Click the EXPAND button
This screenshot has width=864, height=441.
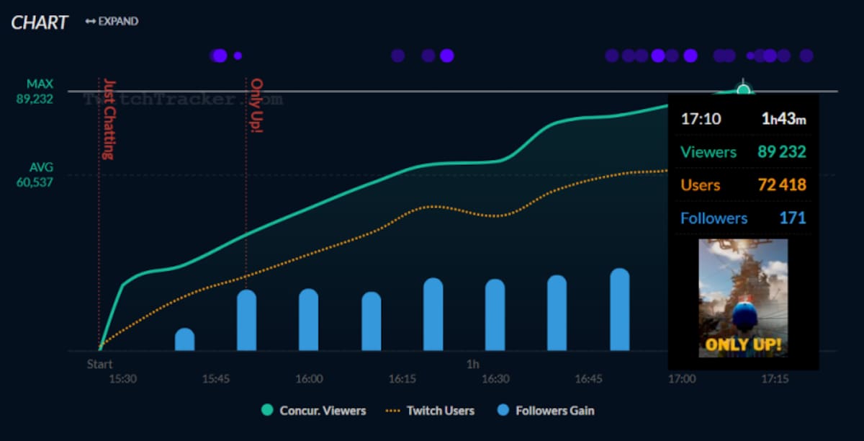(112, 21)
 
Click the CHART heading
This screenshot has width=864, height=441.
(40, 22)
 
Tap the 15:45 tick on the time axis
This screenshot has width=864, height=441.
(216, 379)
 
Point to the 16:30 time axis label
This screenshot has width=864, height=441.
(495, 379)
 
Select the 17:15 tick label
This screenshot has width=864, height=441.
(775, 379)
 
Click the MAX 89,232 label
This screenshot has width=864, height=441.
(35, 92)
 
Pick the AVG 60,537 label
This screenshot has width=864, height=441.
(35, 175)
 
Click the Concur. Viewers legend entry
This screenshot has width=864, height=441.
(314, 411)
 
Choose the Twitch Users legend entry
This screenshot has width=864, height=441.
(430, 411)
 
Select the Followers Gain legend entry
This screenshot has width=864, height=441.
(546, 411)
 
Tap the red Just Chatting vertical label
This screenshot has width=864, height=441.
(109, 120)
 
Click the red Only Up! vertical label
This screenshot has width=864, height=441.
(256, 105)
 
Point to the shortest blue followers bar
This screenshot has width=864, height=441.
(185, 339)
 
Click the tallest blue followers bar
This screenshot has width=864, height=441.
(620, 309)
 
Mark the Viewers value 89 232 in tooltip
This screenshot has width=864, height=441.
(782, 152)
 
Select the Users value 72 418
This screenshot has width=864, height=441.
(782, 185)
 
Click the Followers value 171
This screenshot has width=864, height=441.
(793, 218)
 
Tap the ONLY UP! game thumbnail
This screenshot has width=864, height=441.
(743, 298)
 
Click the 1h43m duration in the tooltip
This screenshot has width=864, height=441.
(784, 119)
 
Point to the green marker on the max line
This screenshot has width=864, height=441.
(743, 90)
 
